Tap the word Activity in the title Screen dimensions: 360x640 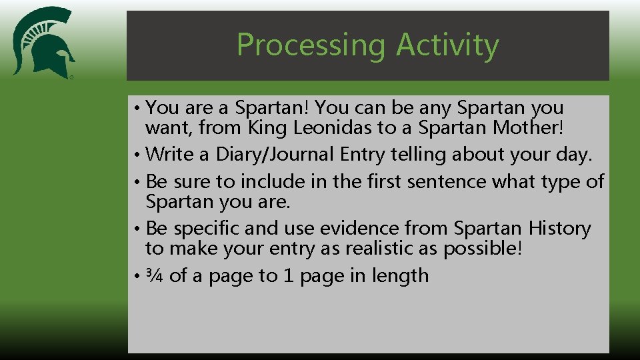pyautogui.click(x=447, y=45)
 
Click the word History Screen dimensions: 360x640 pyautogui.click(x=559, y=229)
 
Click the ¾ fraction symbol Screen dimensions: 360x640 pyautogui.click(x=155, y=276)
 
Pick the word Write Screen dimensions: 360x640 pyautogui.click(x=170, y=154)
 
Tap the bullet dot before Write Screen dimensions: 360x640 pyautogui.click(x=135, y=155)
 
